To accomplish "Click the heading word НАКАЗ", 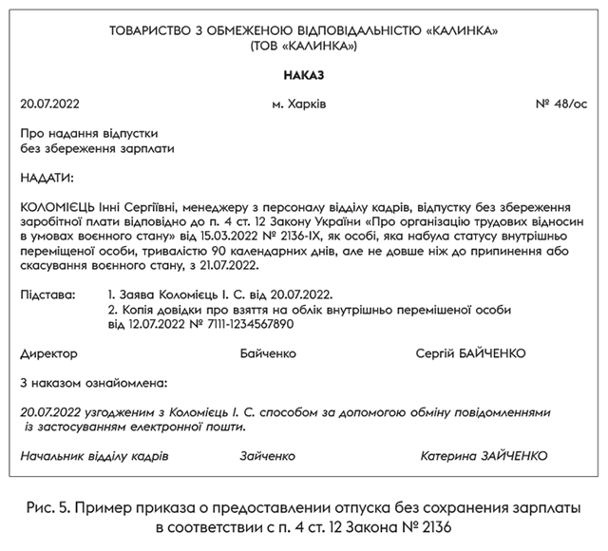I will pos(304,73).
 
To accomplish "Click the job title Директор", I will pos(47,353).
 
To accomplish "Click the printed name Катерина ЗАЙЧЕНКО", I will pos(484,456).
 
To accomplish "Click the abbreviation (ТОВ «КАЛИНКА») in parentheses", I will pos(304,44).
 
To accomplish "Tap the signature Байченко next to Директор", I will pos(269,353).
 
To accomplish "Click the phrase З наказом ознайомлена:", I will pos(93,384).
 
